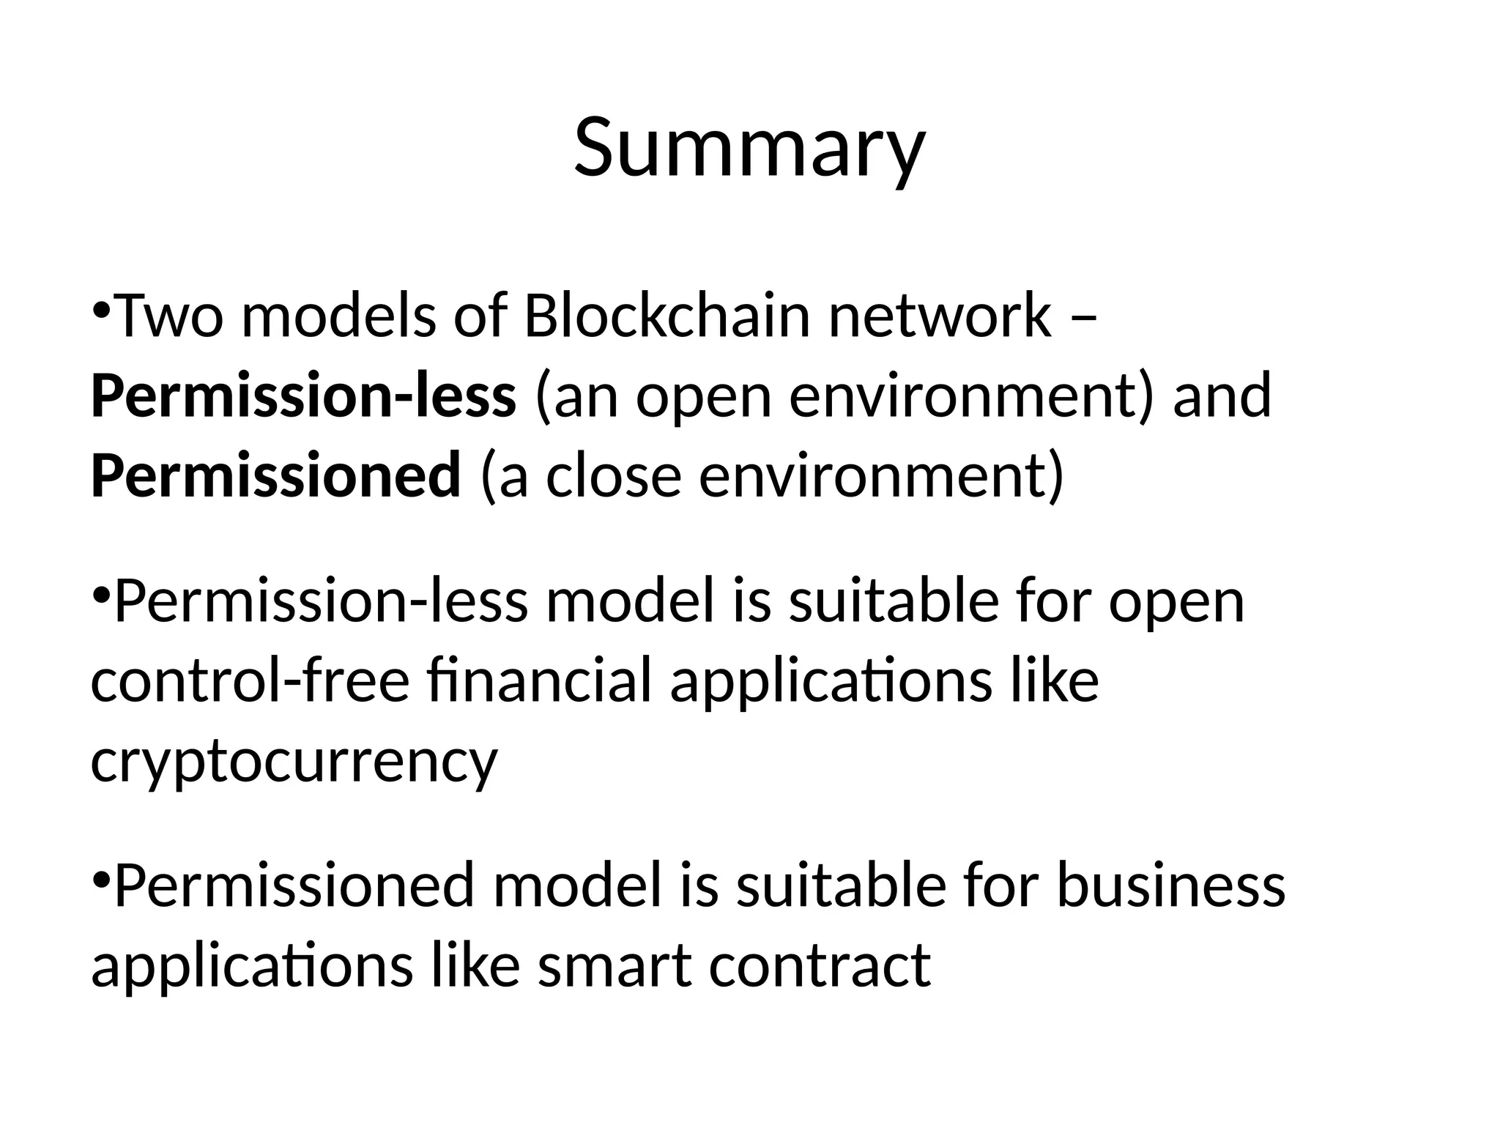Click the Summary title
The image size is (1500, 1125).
coord(749,148)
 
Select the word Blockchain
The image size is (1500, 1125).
coord(667,316)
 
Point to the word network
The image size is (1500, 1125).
coord(940,316)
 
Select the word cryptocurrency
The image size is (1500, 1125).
coord(294,762)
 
